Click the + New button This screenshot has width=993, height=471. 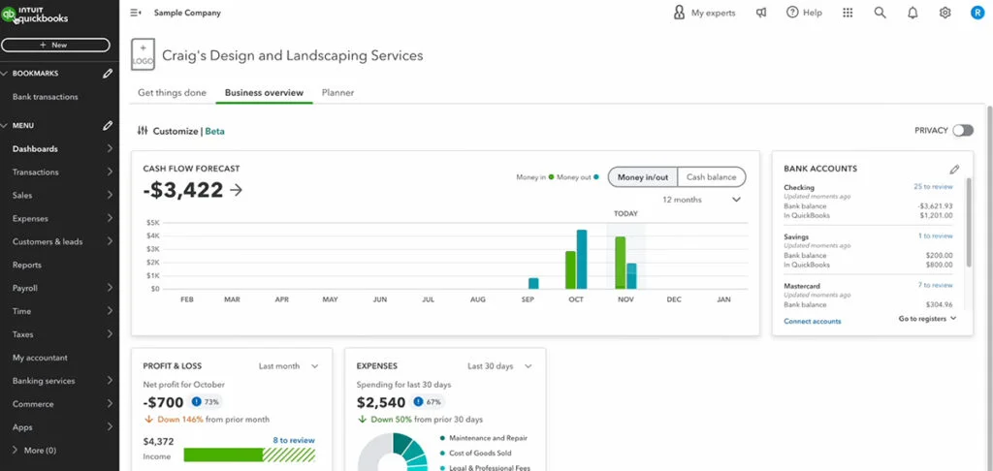tap(54, 45)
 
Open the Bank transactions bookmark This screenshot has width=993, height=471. tap(46, 97)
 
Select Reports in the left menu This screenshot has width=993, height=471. tap(27, 265)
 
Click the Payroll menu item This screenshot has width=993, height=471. tap(25, 288)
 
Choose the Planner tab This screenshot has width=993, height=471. tap(337, 93)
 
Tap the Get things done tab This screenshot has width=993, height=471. tap(172, 93)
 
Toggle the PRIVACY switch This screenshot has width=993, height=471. tap(962, 130)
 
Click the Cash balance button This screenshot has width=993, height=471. tap(711, 177)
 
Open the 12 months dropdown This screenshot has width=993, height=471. tap(701, 200)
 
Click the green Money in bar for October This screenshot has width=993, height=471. tap(570, 269)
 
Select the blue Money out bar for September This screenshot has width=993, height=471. tap(533, 283)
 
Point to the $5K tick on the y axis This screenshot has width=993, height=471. tap(153, 223)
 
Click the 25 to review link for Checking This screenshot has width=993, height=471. tap(933, 187)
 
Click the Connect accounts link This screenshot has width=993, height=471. tap(813, 321)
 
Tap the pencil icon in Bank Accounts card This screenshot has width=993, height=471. tap(954, 169)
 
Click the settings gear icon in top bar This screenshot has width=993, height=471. tap(945, 13)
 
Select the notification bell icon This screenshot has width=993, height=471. tap(913, 13)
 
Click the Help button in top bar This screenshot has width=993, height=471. tap(804, 13)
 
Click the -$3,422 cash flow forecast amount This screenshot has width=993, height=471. tap(183, 190)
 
